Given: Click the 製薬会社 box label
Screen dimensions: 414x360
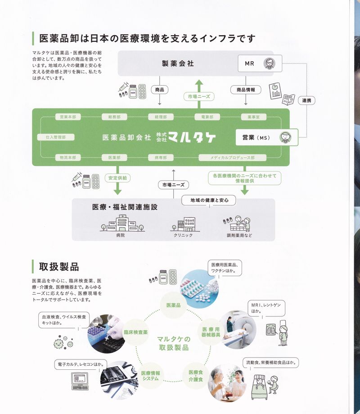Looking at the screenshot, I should [178, 64].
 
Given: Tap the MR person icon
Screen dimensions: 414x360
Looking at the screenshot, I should [269, 63].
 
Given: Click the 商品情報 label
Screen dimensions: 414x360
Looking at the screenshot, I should [246, 90].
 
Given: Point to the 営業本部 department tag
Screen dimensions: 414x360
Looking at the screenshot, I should [68, 117].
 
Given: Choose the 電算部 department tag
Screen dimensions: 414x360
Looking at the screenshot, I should [207, 117].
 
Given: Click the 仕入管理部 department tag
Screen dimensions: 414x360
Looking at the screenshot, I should [56, 137].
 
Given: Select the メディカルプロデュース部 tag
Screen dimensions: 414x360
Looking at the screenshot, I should [232, 158].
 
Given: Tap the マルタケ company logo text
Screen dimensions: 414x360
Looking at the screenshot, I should [193, 137].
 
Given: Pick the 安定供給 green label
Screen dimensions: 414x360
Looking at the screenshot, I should [118, 178].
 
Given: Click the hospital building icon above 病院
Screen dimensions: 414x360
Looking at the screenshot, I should [120, 223].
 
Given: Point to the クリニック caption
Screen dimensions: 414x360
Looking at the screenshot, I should [183, 235].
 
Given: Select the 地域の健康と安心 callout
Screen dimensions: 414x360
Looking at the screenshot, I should [209, 200].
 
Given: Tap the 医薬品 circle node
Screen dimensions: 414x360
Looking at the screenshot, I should [173, 305].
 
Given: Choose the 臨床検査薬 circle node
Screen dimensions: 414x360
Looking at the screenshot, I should [136, 332].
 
